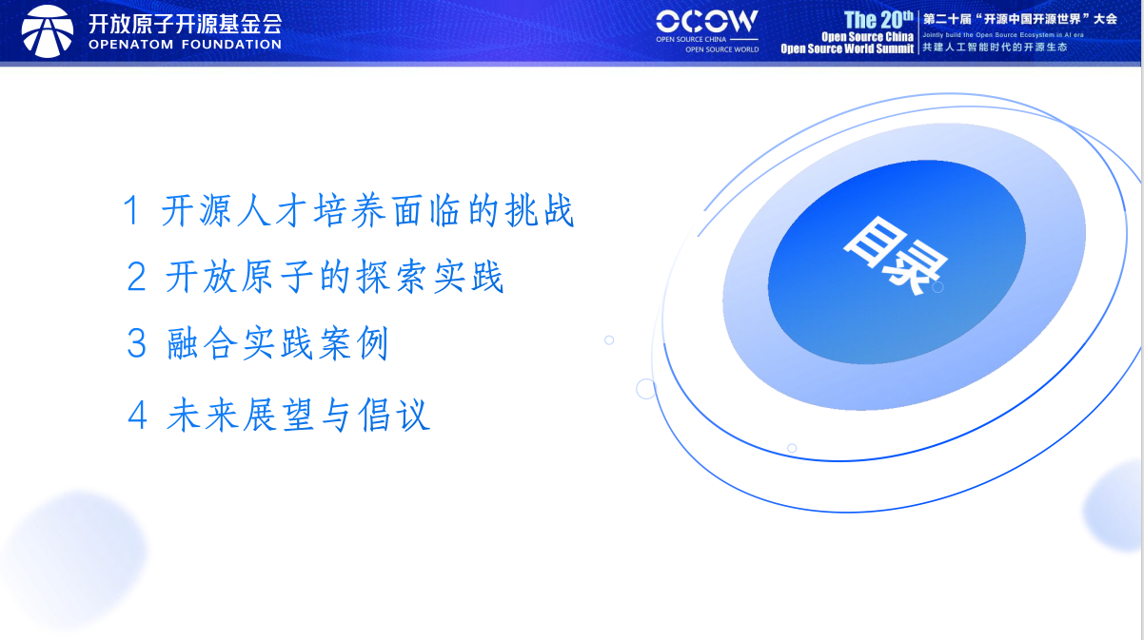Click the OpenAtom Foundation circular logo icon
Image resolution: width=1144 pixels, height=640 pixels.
(x=47, y=30)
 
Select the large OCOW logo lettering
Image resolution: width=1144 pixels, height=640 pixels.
(x=707, y=21)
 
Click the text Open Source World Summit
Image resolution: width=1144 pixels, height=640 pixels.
(x=847, y=48)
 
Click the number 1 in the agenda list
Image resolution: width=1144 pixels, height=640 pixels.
(x=131, y=211)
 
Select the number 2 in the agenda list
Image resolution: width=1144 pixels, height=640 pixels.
(x=136, y=278)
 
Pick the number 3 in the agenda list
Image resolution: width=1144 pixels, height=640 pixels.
(x=137, y=344)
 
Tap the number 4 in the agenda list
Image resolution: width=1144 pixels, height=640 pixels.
(x=138, y=416)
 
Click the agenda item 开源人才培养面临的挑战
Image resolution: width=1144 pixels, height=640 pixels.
(x=368, y=211)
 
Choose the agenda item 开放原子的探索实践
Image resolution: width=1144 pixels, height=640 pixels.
(x=334, y=277)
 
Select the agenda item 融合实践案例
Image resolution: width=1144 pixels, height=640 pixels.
(x=278, y=344)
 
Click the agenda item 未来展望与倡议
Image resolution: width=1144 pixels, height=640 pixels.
(x=299, y=416)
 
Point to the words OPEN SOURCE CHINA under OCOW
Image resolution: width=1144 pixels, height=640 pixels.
(x=691, y=40)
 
